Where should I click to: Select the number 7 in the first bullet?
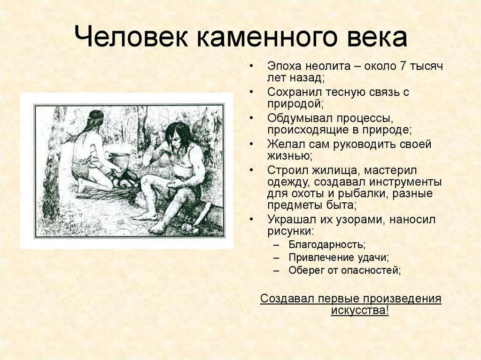[403, 66]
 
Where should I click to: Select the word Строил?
[286, 170]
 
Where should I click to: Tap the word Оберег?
[305, 270]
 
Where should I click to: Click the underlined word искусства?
[360, 310]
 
